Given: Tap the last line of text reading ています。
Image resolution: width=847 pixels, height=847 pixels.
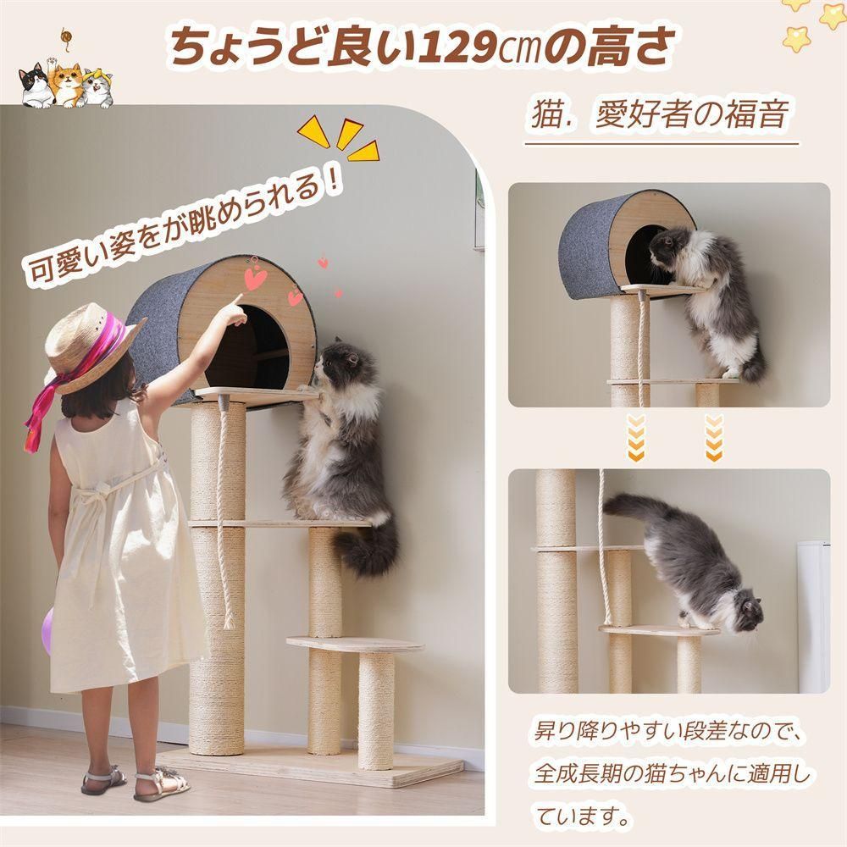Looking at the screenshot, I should [584, 818].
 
